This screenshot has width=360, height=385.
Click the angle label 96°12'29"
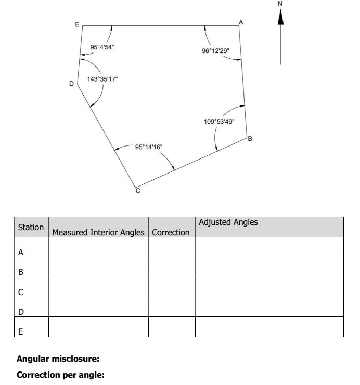214,51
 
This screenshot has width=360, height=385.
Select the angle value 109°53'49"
219,121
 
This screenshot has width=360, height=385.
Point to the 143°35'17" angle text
102,79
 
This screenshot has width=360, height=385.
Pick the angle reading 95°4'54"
102,47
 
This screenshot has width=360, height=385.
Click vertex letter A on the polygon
240,22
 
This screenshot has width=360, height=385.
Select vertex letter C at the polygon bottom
138,191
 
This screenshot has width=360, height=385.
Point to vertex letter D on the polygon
71,83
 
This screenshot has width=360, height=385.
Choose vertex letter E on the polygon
78,24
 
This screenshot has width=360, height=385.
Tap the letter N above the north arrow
280,4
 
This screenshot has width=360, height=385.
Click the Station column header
31,227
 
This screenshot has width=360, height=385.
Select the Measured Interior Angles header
98,232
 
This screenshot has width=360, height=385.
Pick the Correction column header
171,232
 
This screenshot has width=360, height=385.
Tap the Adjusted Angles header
228,222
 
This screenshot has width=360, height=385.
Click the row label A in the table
21,252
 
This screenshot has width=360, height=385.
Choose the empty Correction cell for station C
171,287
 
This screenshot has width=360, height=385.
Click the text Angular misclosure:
58,359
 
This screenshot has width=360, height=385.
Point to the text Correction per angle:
60,374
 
